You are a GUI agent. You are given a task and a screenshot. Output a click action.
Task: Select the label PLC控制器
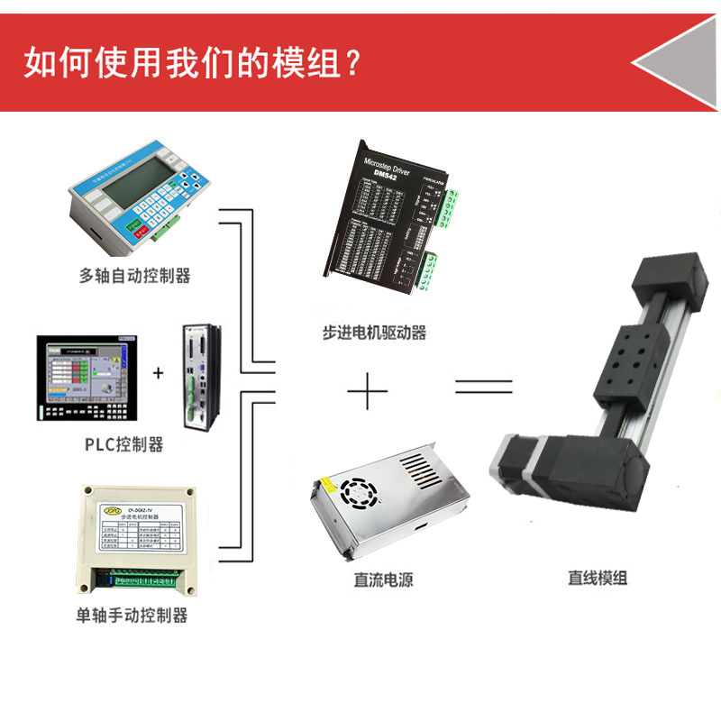click(123, 443)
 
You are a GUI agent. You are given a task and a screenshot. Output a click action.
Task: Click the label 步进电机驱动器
click(373, 332)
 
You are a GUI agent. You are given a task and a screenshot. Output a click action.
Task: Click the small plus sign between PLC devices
click(159, 371)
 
